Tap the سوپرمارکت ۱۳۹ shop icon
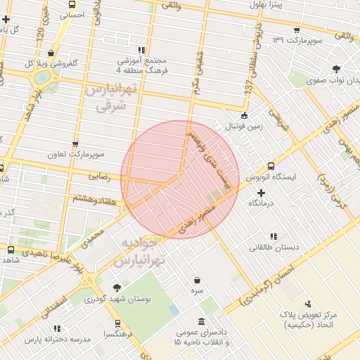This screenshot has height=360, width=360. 296,30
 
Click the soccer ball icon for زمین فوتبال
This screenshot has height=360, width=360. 244,116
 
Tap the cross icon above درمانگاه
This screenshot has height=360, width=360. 262,193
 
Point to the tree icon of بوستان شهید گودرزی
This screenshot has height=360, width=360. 116,288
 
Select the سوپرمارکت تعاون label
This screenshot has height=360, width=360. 75,154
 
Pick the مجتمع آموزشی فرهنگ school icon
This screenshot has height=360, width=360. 141,50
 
